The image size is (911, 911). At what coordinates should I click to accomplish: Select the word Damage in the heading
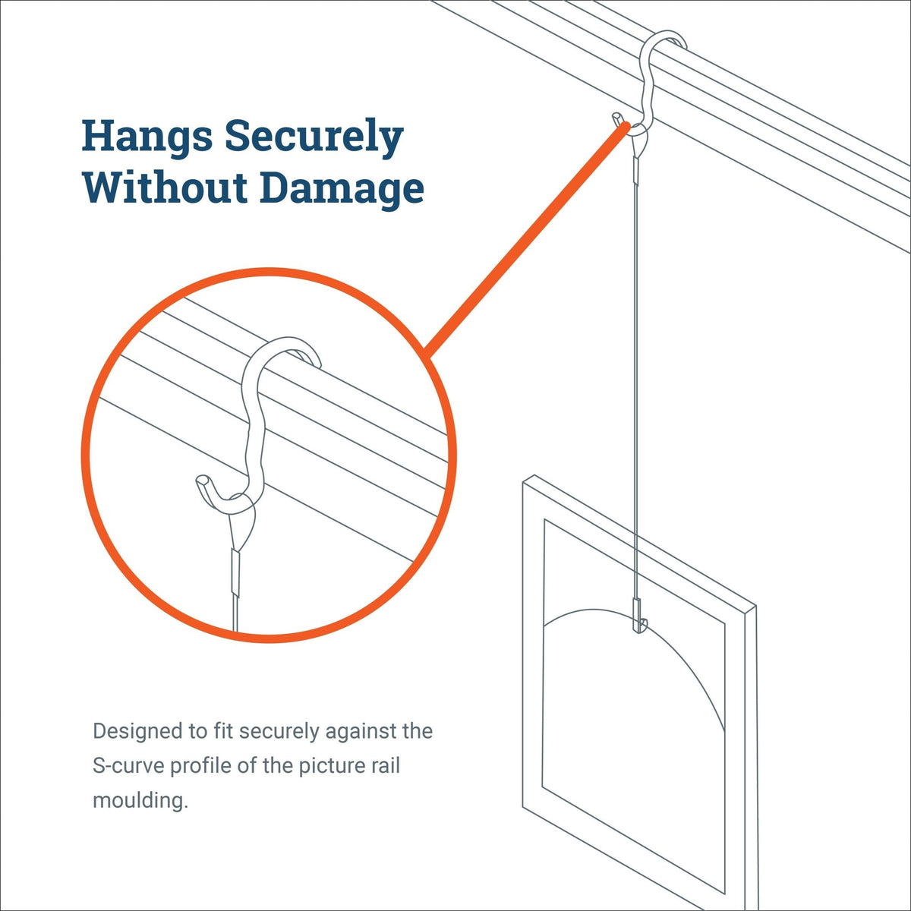[342, 188]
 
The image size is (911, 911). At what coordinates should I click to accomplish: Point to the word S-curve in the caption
[128, 765]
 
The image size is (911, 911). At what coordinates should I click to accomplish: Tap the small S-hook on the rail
[646, 84]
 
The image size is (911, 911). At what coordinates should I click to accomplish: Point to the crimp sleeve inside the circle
[235, 573]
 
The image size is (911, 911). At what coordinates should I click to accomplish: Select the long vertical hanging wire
[634, 380]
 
